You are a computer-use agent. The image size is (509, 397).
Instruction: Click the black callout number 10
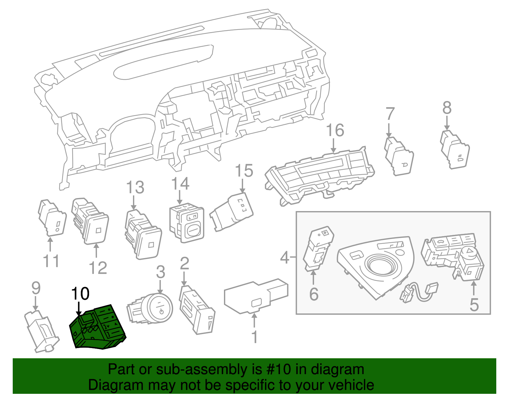tap(80, 294)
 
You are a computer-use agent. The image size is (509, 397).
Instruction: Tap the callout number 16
tap(335, 130)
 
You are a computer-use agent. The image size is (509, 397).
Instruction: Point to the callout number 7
tap(390, 114)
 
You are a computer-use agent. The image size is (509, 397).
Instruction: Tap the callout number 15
tap(244, 171)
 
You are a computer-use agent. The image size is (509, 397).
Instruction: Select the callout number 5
tap(474, 305)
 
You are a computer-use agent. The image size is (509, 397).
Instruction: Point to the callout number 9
tap(36, 288)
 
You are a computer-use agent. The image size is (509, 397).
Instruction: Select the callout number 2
tap(185, 264)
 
